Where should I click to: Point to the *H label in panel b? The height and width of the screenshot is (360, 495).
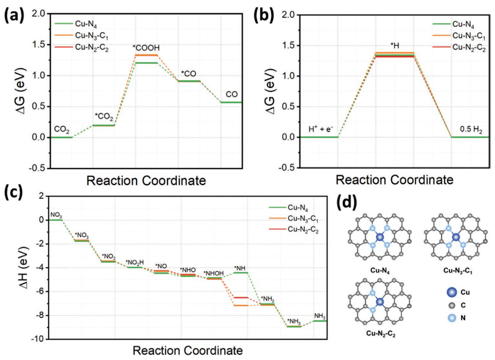click(x=394, y=45)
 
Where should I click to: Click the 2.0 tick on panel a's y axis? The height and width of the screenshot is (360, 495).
click(x=40, y=14)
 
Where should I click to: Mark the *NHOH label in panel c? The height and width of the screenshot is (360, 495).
click(x=213, y=274)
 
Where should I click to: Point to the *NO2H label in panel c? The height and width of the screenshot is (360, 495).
click(x=135, y=262)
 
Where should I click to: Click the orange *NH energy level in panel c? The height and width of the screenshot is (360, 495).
click(x=241, y=305)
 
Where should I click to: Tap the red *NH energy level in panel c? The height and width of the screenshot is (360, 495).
click(x=241, y=297)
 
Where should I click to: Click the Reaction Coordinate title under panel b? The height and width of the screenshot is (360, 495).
click(x=393, y=180)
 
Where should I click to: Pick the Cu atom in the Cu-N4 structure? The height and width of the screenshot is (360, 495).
click(x=380, y=237)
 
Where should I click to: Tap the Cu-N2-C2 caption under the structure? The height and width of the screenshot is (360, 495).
click(x=379, y=333)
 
